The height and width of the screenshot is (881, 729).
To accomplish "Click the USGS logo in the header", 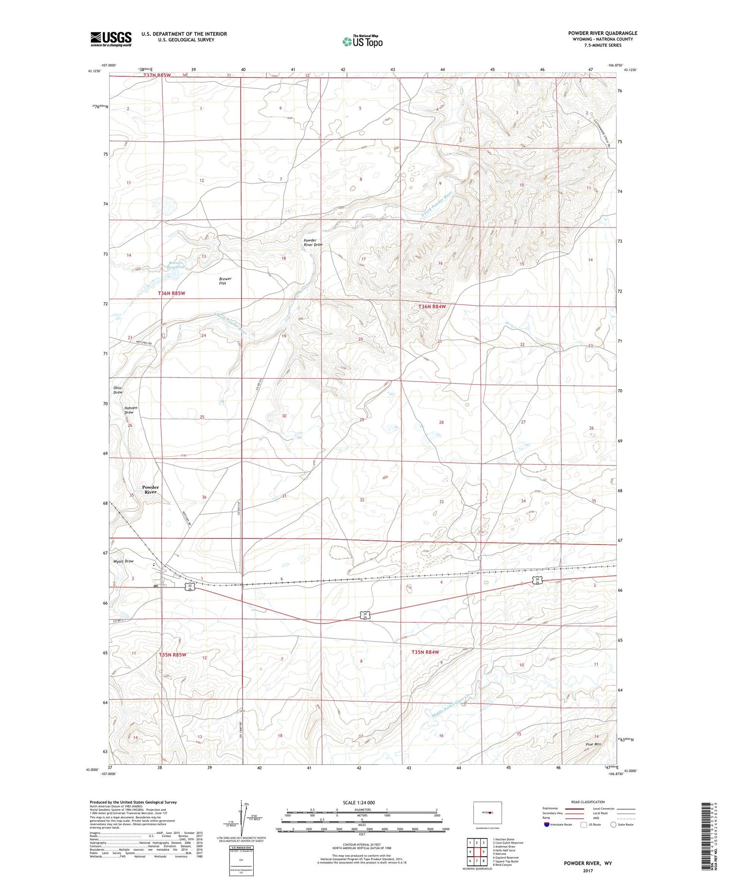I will [111, 39].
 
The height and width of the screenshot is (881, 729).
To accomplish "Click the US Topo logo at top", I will [363, 41].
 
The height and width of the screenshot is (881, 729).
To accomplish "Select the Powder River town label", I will [150, 489].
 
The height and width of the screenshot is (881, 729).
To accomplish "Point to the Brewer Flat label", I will [225, 281].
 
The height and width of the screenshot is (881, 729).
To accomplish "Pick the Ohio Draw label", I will [118, 390].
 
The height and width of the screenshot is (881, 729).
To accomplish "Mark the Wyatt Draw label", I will [123, 561].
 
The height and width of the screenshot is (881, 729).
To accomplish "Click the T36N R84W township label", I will [432, 307].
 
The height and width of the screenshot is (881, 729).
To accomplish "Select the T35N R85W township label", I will [173, 655].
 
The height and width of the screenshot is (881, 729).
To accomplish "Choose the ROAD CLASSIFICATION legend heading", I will [588, 802].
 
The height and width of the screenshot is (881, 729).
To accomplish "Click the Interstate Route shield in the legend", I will [547, 825].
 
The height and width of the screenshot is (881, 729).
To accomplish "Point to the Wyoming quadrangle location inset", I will [487, 812].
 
